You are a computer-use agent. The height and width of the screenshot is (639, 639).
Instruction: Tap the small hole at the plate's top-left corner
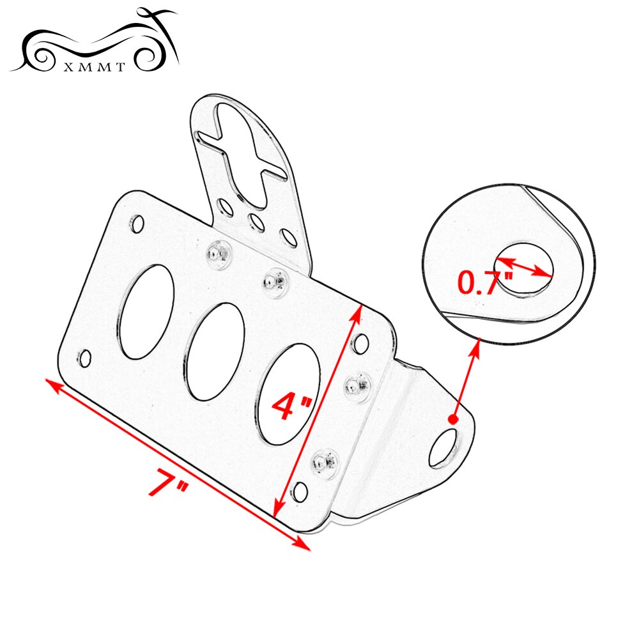pos(137,224)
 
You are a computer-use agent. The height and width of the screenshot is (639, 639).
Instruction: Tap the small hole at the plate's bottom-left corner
pos(84,358)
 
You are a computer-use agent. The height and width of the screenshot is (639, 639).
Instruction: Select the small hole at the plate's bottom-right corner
pos(299,492)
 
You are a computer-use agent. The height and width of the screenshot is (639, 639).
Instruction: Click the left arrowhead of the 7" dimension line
pos(50,384)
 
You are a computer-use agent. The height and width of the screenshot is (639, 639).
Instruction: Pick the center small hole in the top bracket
pos(256,222)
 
